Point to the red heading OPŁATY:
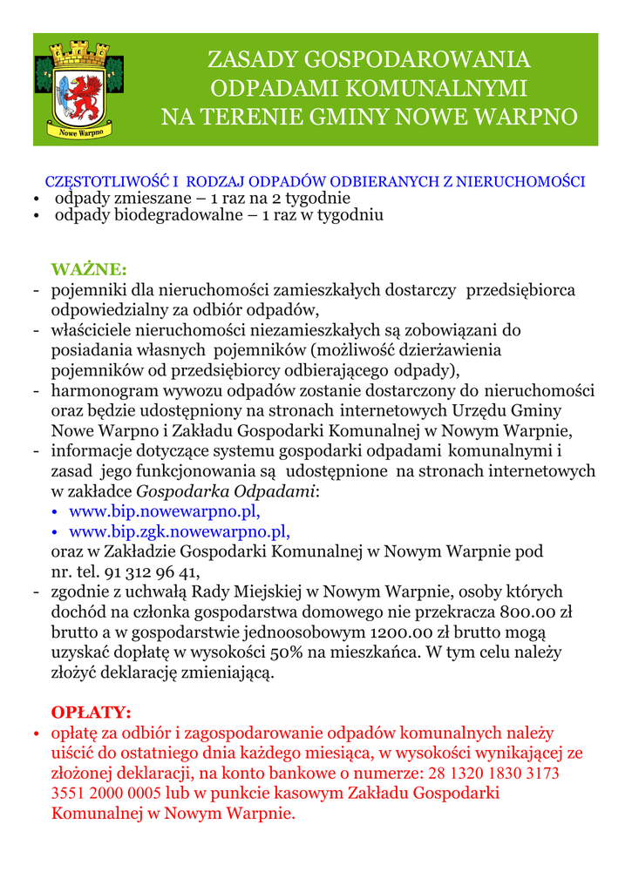[x=92, y=712]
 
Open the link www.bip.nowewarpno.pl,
[x=165, y=510]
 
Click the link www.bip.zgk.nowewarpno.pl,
[x=179, y=530]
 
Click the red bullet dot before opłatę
[x=36, y=735]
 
